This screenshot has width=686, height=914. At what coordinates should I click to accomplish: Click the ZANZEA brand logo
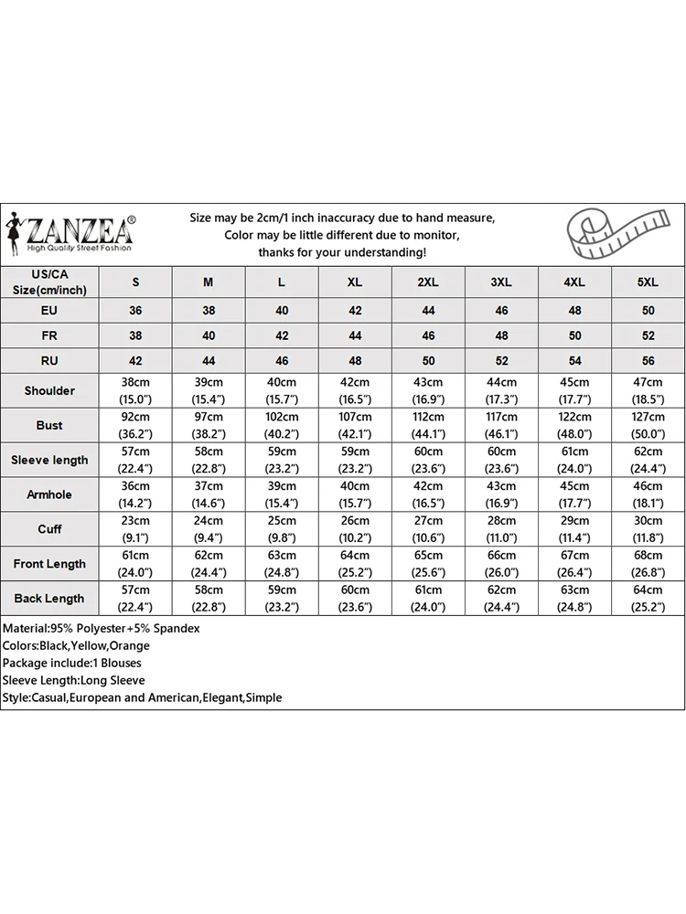73,233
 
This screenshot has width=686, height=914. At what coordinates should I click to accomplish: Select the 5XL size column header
648,282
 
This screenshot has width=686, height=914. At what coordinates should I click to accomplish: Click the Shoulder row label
49,390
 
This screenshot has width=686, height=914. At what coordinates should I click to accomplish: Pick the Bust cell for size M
209,425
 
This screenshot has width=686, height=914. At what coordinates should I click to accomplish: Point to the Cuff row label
49,529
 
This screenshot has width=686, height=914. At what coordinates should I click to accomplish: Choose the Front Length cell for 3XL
501,564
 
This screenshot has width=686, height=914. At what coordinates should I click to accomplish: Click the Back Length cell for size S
135,599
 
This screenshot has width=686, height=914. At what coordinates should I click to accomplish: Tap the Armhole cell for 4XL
574,494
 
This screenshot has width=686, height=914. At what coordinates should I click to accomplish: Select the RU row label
49,361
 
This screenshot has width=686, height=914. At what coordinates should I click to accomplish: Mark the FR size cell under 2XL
428,335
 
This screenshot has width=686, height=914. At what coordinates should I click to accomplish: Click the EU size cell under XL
355,311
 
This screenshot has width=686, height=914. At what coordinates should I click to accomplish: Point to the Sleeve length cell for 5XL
648,460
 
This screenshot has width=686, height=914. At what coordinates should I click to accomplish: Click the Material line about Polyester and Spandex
102,629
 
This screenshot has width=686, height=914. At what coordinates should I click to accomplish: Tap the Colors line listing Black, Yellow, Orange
76,645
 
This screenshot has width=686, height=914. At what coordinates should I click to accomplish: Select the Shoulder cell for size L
282,390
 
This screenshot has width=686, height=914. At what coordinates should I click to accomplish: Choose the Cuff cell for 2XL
428,529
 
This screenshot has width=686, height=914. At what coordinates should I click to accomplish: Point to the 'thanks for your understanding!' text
342,252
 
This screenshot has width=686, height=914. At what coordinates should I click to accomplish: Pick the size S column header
135,282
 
